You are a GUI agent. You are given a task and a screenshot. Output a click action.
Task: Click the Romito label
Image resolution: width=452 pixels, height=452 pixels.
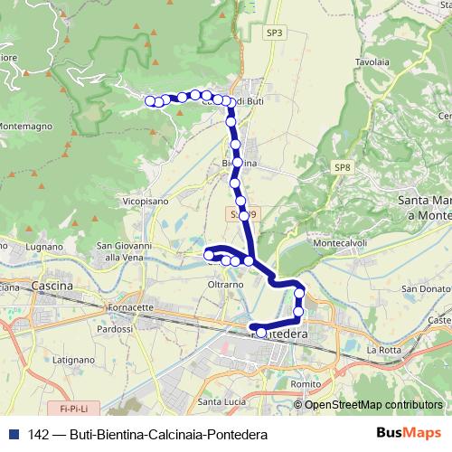tap(307, 384)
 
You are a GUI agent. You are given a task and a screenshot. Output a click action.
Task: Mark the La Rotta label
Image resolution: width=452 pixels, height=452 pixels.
tap(383, 349)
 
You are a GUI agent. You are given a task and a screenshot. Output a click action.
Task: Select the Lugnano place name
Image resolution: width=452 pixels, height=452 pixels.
tap(44, 246)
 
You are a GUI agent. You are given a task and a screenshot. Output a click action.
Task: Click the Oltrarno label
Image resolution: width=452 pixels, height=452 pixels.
tap(226, 284)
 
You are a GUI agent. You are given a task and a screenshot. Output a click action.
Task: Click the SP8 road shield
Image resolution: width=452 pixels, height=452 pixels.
tap(342, 167)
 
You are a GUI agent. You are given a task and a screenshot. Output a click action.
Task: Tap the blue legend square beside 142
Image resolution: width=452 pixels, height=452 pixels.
tap(12, 434)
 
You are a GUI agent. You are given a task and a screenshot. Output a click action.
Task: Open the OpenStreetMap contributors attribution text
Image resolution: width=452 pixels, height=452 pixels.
tap(372, 404)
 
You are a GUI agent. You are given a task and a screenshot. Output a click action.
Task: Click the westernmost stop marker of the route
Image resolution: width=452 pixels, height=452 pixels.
tap(150, 101)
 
